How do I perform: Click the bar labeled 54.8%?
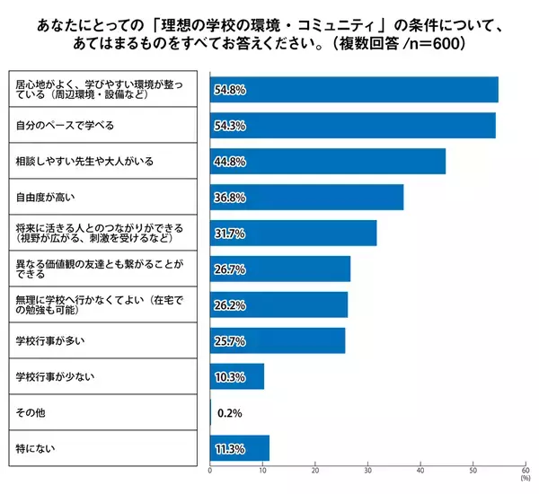click(354, 90)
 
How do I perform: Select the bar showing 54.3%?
click(352, 126)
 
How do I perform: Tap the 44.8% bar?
click(327, 162)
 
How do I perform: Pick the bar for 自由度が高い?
click(306, 197)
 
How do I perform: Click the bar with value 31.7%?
click(293, 233)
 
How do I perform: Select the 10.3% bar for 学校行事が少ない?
click(237, 376)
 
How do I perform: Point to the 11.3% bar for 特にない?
click(240, 448)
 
